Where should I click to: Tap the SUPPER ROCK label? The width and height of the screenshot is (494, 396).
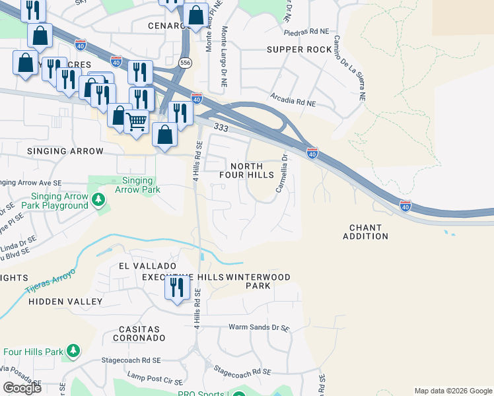coord(299,49)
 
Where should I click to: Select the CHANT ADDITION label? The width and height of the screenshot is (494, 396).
coord(365,232)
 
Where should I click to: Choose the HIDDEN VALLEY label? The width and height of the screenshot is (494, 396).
coord(75,302)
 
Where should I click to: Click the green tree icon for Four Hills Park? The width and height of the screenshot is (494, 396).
coord(73,350)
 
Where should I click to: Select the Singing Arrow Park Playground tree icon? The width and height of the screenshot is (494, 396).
coord(98,199)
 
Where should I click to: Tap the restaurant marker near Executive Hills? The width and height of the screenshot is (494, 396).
coord(176,287)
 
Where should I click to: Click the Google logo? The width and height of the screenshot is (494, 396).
coord(22,388)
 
